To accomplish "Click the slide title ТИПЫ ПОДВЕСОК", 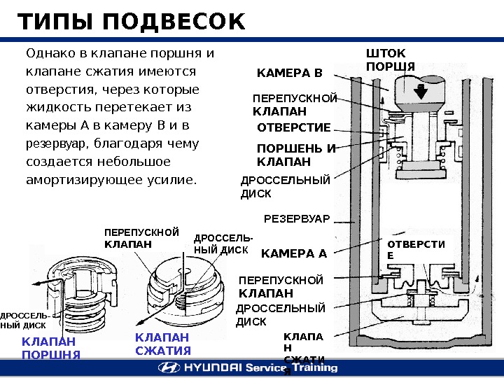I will (x=132, y=22).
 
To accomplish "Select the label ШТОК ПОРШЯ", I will (x=391, y=60).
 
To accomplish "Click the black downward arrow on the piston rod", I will (x=421, y=92).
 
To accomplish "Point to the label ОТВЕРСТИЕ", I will (x=294, y=127).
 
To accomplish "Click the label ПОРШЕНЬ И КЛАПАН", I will (x=296, y=155).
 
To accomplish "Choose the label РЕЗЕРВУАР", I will (x=296, y=218).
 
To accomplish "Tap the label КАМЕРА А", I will (x=293, y=253).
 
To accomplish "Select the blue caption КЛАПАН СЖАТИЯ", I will (x=162, y=344).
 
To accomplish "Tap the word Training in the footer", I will (x=312, y=367).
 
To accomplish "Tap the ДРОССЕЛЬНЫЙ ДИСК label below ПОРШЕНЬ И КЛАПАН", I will (x=285, y=187).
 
